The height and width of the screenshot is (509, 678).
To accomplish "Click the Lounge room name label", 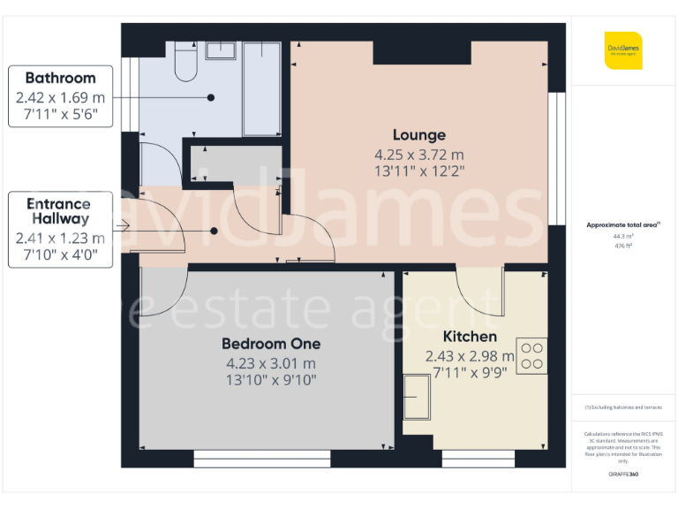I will coord(418,135).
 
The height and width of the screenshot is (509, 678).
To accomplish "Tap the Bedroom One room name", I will coord(270,343).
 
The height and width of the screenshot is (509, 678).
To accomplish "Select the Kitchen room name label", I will coord(470,337).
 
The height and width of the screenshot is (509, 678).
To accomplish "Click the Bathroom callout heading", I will coord(60,79).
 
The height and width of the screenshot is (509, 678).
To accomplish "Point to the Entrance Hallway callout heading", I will coord(60,211).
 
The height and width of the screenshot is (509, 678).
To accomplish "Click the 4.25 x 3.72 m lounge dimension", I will coord(418,156).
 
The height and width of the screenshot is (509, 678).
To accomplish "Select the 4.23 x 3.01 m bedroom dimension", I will coord(270,363).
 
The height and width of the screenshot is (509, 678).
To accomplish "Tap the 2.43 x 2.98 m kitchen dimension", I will coord(469,356).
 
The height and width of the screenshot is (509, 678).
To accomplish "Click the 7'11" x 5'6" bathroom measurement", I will coord(60,114).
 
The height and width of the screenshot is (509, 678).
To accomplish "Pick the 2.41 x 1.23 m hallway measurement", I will coord(60,239).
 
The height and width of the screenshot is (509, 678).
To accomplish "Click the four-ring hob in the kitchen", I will coord(531,355).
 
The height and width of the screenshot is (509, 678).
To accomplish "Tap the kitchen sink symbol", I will coord(418,397).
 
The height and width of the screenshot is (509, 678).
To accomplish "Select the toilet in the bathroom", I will coord(186,62).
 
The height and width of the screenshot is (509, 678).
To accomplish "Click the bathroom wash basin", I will coord(219,49).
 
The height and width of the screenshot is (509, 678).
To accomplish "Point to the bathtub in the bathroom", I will coord(261,88).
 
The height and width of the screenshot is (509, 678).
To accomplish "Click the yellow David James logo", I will coord(623,49).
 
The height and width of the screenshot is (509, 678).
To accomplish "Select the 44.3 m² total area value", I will coord(623,237).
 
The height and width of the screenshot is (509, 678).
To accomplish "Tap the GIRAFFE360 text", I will coord(623,475).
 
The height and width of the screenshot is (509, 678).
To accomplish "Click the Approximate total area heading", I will coord(623,225).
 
